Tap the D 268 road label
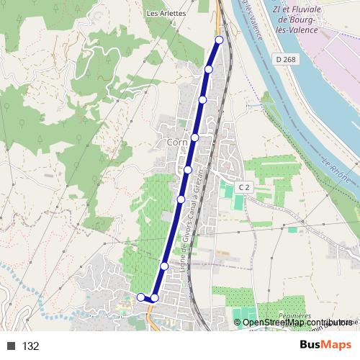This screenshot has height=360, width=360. (284, 59)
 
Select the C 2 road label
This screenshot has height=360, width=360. (243, 187)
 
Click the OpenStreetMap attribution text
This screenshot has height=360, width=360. (277, 322)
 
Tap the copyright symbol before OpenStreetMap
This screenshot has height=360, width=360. (238, 322)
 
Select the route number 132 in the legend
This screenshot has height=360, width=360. (30, 346)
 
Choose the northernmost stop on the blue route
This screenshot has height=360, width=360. (219, 40)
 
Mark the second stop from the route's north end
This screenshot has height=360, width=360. (208, 69)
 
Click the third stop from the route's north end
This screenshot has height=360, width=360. (202, 99)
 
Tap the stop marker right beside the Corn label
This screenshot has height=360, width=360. (194, 137)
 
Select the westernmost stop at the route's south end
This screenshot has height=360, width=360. (140, 297)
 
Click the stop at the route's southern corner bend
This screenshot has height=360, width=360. (154, 297)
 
